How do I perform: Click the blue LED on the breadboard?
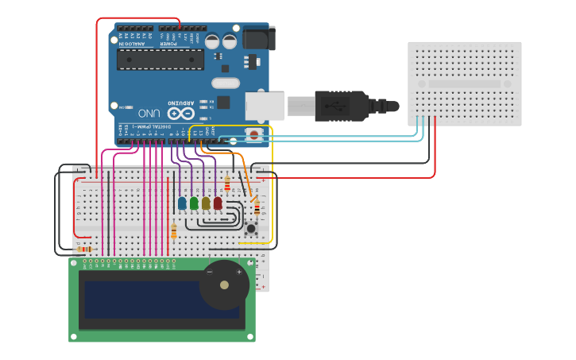(182, 203)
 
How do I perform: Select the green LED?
(194, 203)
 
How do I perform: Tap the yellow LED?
(206, 203)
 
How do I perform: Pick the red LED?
(218, 203)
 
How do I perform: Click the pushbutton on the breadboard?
(251, 228)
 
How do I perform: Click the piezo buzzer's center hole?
(225, 285)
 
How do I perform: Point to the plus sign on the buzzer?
(238, 272)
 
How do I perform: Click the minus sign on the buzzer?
(210, 272)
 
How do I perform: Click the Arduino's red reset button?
(254, 134)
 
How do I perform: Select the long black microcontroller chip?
(160, 60)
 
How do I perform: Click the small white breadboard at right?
(465, 83)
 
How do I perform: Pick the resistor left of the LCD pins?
(84, 249)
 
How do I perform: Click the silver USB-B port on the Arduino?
(264, 106)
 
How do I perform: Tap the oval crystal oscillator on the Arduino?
(226, 83)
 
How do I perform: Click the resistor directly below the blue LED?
(174, 230)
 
